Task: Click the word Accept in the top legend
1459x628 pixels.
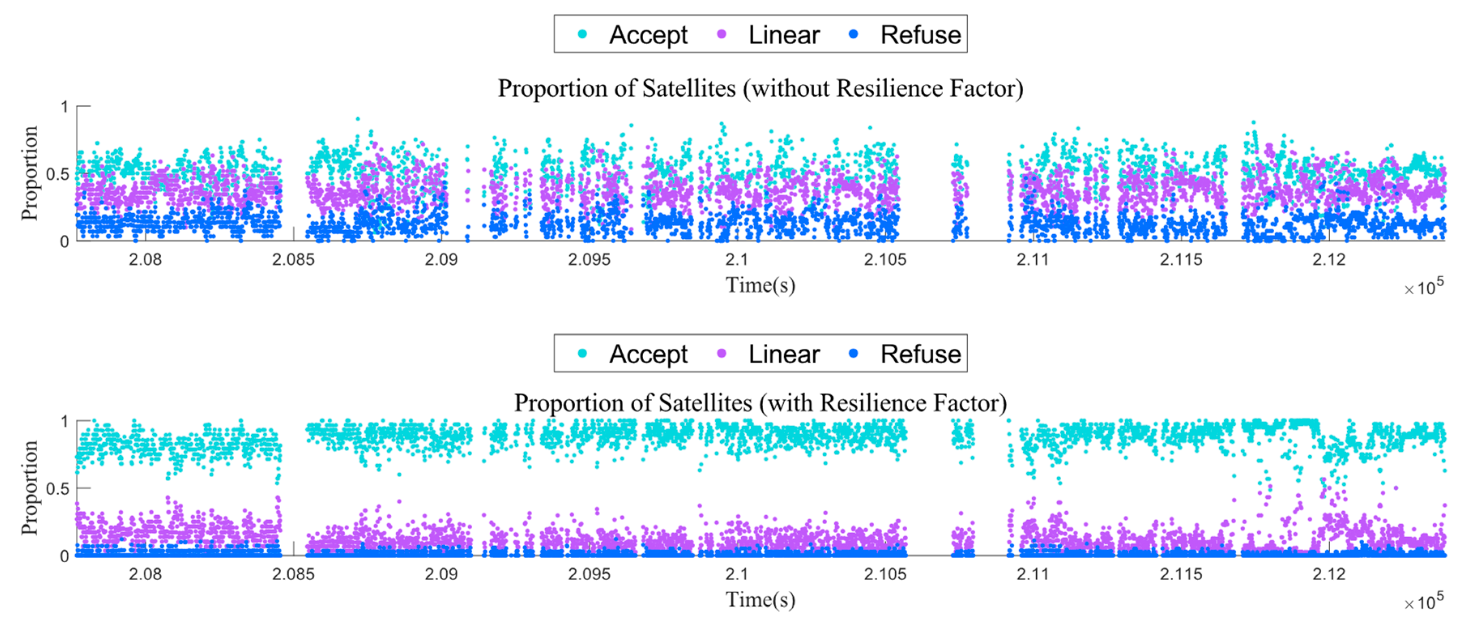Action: click(648, 35)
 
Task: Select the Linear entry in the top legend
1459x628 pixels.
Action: click(784, 35)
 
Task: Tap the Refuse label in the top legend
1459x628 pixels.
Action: click(920, 35)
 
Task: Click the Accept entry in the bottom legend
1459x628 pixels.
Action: click(648, 354)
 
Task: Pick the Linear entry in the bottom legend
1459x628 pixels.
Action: click(784, 354)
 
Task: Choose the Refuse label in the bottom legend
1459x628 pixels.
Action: click(920, 354)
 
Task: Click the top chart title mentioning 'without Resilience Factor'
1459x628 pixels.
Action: click(760, 89)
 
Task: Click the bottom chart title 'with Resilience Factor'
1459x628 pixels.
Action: click(760, 403)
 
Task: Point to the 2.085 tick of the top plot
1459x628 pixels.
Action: click(293, 259)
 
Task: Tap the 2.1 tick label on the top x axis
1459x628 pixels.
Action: click(736, 259)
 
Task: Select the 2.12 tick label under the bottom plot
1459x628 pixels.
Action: click(1328, 574)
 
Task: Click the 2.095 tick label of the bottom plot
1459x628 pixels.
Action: click(589, 574)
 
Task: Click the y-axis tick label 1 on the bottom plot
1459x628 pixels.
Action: click(64, 422)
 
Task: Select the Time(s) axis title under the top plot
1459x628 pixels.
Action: click(760, 285)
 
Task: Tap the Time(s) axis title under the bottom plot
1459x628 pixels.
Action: click(760, 600)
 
